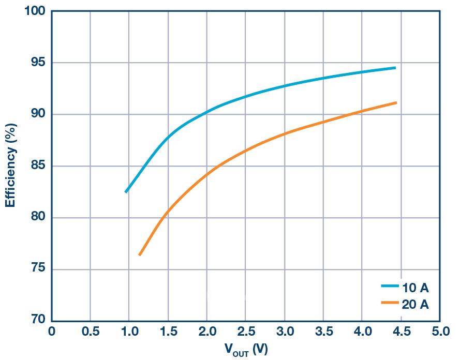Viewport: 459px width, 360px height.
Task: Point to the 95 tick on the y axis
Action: [37, 63]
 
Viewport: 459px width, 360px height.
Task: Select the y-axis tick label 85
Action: [37, 166]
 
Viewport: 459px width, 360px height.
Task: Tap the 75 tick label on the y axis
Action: [37, 269]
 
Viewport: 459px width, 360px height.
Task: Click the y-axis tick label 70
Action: [37, 320]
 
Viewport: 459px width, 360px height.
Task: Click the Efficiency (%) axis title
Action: [10, 165]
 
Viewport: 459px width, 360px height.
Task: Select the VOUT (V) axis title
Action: [246, 350]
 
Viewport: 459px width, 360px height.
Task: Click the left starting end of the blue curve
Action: [126, 192]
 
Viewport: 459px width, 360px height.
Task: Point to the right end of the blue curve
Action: [395, 68]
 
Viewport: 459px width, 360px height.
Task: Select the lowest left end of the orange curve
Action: [139, 254]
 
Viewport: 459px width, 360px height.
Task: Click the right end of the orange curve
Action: [396, 103]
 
